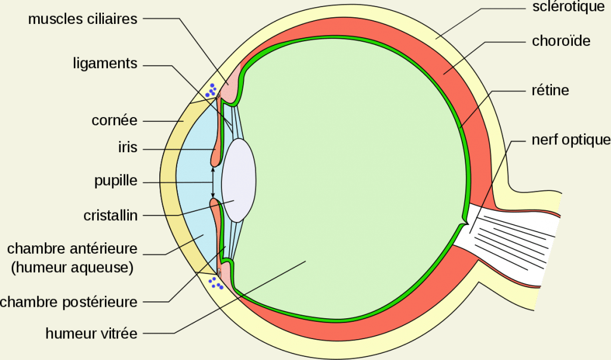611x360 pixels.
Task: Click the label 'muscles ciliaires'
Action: [82, 19]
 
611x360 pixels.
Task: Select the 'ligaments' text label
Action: [105, 64]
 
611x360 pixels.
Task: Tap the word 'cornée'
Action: [115, 121]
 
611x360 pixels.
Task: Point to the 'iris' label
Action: [128, 148]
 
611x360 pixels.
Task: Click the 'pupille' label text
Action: [116, 181]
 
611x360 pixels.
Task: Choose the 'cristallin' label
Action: [110, 215]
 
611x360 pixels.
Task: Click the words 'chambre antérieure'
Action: [72, 248]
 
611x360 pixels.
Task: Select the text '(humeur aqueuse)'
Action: [72, 267]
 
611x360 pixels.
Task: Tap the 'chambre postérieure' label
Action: [69, 302]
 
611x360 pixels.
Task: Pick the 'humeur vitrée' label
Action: [91, 333]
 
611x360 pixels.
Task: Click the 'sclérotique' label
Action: [568, 7]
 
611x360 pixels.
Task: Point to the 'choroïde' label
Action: [561, 41]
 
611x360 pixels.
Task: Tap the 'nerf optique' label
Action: [570, 140]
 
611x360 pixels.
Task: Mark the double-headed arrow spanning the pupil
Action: [213, 181]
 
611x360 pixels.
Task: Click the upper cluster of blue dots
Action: [211, 90]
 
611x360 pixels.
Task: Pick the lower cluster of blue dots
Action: [216, 282]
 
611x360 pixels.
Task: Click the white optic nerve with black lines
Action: [513, 239]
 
